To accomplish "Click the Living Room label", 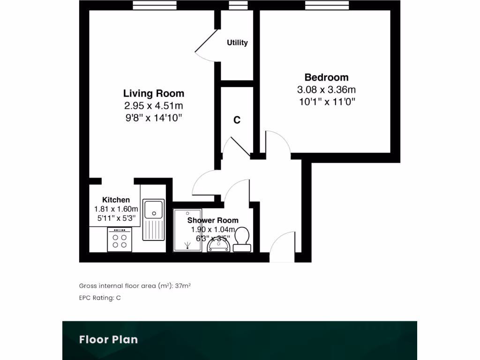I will (153, 93).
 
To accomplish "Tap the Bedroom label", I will (326, 77).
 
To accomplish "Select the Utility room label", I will (237, 43).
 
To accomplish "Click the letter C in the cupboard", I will (237, 120).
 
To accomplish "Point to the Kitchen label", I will (116, 200).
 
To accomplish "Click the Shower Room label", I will (213, 220).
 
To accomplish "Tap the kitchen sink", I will (154, 209).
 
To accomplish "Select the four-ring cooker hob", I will (120, 240).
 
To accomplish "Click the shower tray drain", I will (187, 244).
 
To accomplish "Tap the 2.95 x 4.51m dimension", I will (153, 106).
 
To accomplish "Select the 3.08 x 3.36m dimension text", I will (326, 90).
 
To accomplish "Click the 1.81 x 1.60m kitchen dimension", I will (116, 209).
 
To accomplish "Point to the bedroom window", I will (327, 5).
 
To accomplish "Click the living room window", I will (154, 5).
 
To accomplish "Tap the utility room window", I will (238, 5).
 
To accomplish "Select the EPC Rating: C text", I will (100, 298).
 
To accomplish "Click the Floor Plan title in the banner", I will (108, 339).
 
